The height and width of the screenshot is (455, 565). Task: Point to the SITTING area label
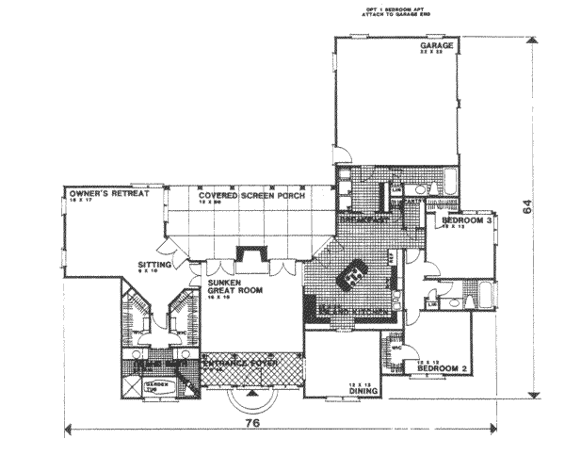coord(154,267)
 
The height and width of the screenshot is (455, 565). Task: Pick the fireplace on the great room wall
coord(250,256)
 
